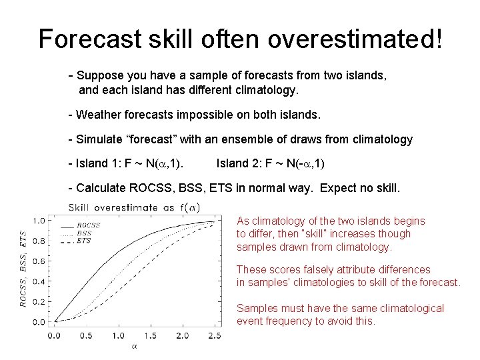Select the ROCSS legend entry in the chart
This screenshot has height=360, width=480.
tap(88, 226)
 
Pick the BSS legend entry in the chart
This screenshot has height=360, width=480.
tap(84, 233)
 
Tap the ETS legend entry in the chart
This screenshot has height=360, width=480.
tap(84, 241)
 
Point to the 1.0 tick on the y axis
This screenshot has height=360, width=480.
tap(39, 221)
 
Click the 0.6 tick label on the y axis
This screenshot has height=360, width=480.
tap(39, 261)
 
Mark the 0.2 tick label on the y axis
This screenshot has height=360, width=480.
tap(39, 302)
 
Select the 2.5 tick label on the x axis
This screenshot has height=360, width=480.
tap(215, 335)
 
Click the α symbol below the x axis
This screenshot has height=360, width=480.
tap(134, 347)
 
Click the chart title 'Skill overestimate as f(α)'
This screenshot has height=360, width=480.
tap(134, 207)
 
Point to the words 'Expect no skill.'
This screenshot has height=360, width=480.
tap(360, 188)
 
